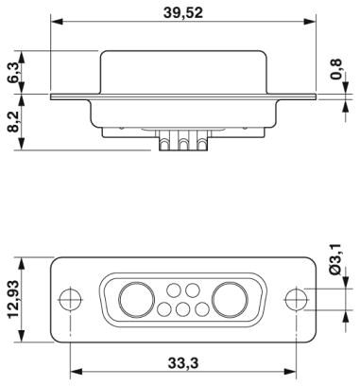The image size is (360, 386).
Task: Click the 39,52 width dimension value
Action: click(x=183, y=13)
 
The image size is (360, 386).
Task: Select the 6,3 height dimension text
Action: click(x=13, y=73)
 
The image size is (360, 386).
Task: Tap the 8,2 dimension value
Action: click(x=13, y=121)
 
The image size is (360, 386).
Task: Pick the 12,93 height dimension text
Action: click(x=13, y=298)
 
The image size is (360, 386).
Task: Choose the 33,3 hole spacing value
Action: click(x=183, y=363)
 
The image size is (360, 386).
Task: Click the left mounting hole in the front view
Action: click(x=70, y=299)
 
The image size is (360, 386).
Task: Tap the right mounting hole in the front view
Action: click(x=296, y=299)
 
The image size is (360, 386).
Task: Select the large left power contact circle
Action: click(x=137, y=299)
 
